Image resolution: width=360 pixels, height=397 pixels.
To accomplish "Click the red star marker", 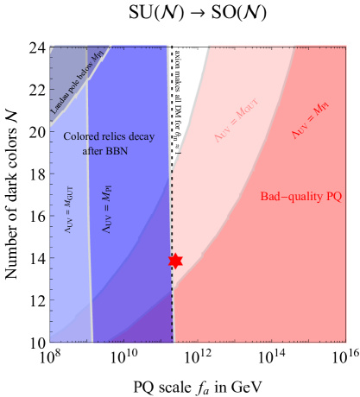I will pos(175,260).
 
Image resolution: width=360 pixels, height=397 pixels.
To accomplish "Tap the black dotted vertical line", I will pos(172,216).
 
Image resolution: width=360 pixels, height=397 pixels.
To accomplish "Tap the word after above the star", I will pos(92,150).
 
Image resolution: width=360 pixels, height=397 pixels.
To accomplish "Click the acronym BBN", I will pos(116,150).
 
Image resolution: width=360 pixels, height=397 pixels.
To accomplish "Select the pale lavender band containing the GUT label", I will pos(69,259).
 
